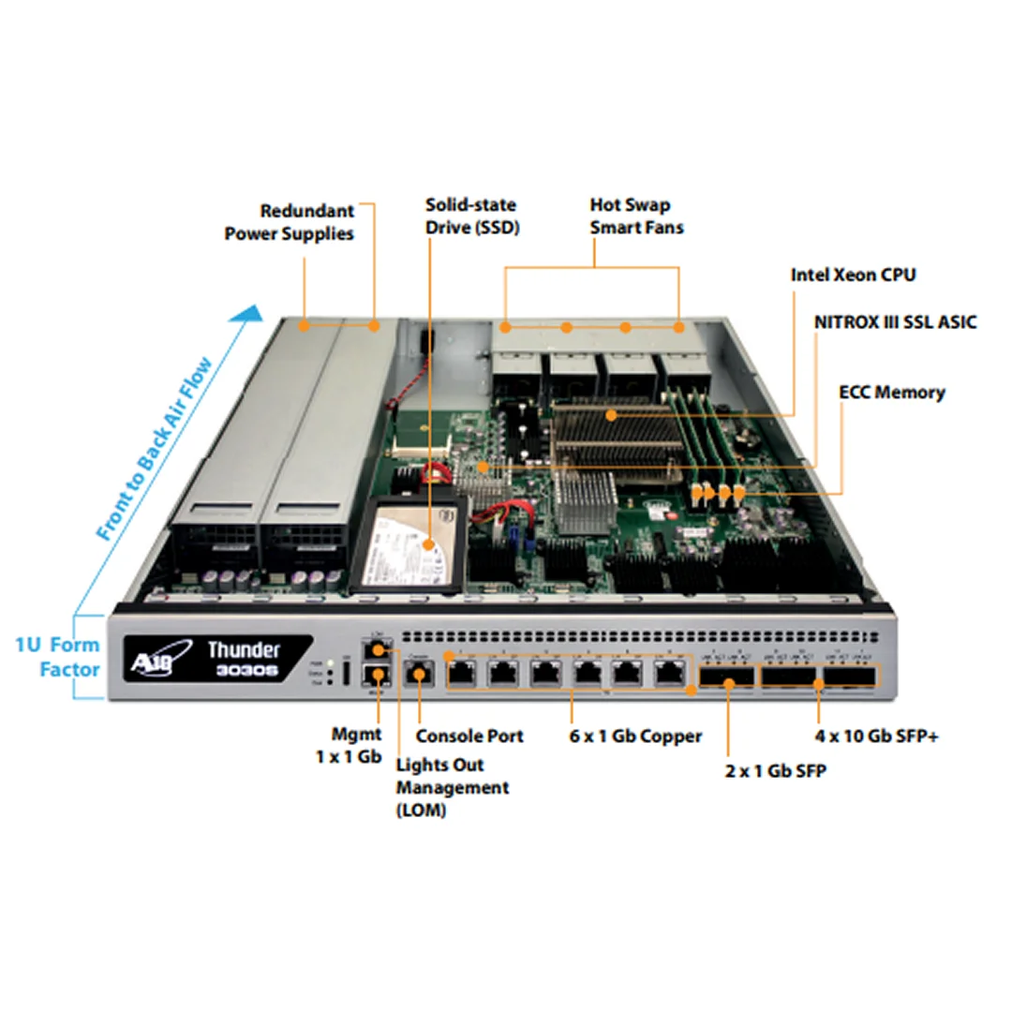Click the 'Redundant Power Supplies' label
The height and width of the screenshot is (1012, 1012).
289,222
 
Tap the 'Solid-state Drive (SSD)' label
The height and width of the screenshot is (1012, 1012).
471,215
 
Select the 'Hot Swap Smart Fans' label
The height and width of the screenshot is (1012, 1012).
636,215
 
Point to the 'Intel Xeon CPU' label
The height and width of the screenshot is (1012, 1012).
853,275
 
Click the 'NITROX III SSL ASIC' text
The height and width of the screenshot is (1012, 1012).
895,322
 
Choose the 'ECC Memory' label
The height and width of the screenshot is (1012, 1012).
891,392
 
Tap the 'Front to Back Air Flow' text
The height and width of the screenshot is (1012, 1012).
156,451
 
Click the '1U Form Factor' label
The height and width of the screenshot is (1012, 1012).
57,656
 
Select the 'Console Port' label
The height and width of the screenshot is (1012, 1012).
469,736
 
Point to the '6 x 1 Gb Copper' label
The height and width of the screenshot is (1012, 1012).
635,736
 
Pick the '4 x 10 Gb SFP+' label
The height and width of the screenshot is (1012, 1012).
876,737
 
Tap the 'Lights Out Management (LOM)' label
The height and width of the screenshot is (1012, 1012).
453,787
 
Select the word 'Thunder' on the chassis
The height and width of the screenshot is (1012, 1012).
244,648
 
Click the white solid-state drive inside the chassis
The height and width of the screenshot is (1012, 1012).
409,547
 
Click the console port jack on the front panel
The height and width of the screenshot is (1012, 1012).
417,671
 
